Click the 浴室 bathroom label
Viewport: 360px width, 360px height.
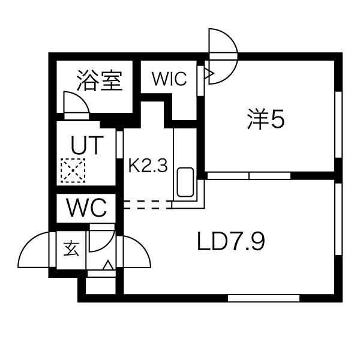[x=99, y=80]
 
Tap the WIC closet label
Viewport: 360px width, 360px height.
[x=169, y=79]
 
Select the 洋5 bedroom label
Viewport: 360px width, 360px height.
[x=266, y=119]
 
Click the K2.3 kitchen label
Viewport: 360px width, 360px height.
[x=148, y=166]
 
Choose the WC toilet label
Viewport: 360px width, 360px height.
[x=86, y=208]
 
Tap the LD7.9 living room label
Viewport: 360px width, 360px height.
[x=231, y=241]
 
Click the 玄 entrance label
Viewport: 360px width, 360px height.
[x=71, y=249]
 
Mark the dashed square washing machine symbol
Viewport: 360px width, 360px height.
[x=73, y=170]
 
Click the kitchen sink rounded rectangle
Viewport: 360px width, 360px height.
[x=185, y=182]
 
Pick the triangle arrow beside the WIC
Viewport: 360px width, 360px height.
[x=209, y=73]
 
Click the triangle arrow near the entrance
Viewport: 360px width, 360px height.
[x=109, y=265]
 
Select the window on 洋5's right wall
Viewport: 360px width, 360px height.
[x=338, y=125]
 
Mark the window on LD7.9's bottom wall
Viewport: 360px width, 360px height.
[x=263, y=298]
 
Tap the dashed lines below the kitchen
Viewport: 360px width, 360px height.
[x=148, y=205]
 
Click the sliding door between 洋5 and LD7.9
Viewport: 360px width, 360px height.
[x=249, y=176]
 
